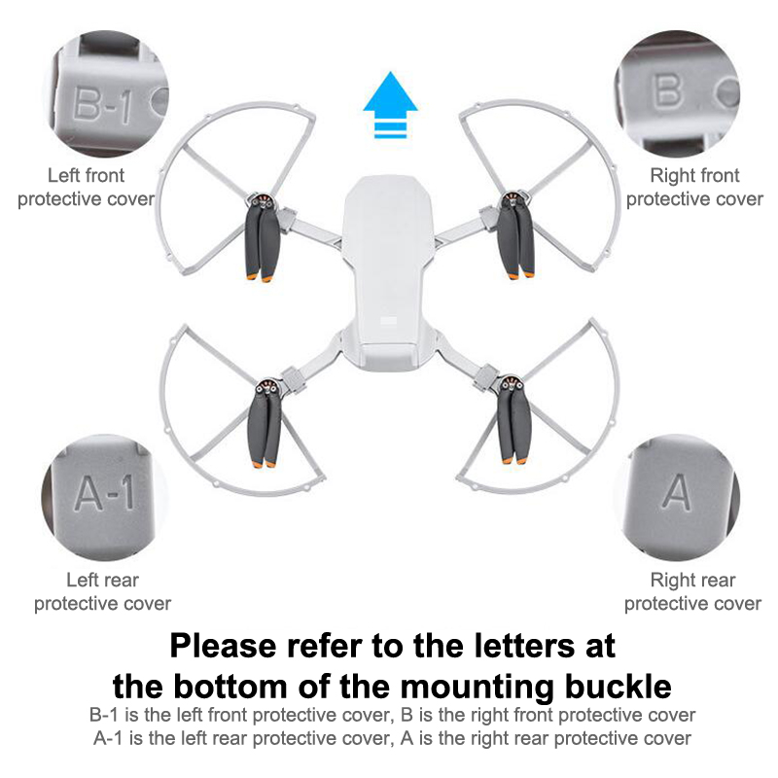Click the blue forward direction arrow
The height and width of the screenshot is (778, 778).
pyautogui.click(x=391, y=105)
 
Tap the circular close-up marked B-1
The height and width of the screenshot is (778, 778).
pyautogui.click(x=109, y=93)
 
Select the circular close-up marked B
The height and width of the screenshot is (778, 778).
pyautogui.click(x=677, y=93)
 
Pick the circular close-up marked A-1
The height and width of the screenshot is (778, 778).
pyautogui.click(x=105, y=497)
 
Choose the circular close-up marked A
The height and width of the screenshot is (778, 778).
pyautogui.click(x=677, y=497)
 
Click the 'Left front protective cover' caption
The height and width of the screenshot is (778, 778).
pyautogui.click(x=86, y=187)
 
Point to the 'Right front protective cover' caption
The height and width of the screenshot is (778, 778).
pyautogui.click(x=694, y=187)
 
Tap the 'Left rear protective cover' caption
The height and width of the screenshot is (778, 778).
pyautogui.click(x=103, y=591)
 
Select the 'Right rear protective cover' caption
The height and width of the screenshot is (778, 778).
pyautogui.click(x=692, y=591)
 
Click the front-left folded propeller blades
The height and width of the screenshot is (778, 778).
pyautogui.click(x=262, y=242)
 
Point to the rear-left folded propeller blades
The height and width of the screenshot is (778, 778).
pyautogui.click(x=265, y=427)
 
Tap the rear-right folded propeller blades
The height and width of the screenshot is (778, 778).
pyautogui.click(x=514, y=423)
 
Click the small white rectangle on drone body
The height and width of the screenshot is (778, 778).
pyautogui.click(x=388, y=321)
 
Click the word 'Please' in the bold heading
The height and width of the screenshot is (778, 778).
pyautogui.click(x=224, y=646)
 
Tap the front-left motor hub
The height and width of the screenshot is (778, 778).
pyautogui.click(x=262, y=201)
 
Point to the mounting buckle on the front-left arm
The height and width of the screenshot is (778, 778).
pyautogui.click(x=287, y=220)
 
